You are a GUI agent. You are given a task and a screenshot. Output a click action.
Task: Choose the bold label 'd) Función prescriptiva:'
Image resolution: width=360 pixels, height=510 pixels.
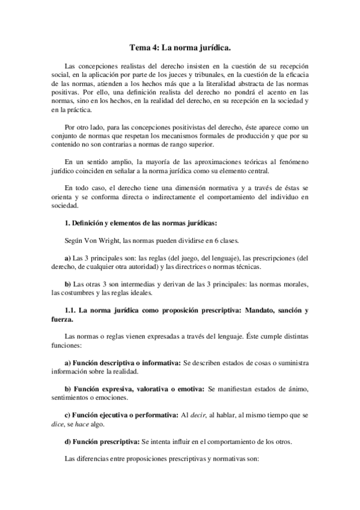(x=102, y=441)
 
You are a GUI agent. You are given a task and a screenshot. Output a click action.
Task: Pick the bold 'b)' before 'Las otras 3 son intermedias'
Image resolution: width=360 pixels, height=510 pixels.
(x=67, y=284)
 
